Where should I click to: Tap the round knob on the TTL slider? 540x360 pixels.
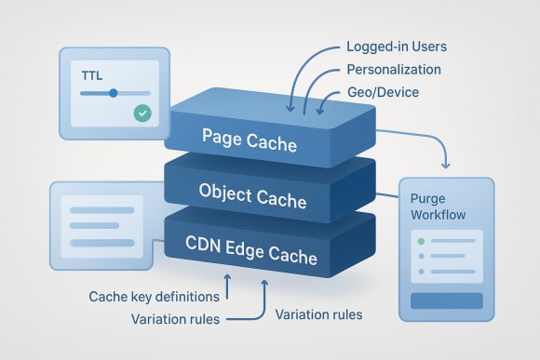pos(114,93)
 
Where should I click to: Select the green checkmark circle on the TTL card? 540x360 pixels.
pos(142,113)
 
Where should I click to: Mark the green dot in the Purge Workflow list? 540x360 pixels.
pos(421,241)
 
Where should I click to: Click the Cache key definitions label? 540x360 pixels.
pos(154,298)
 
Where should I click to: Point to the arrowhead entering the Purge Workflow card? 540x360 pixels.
pos(446,166)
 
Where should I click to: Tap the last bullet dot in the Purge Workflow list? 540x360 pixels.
pos(421,272)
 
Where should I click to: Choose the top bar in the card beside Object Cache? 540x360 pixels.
pos(101,205)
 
